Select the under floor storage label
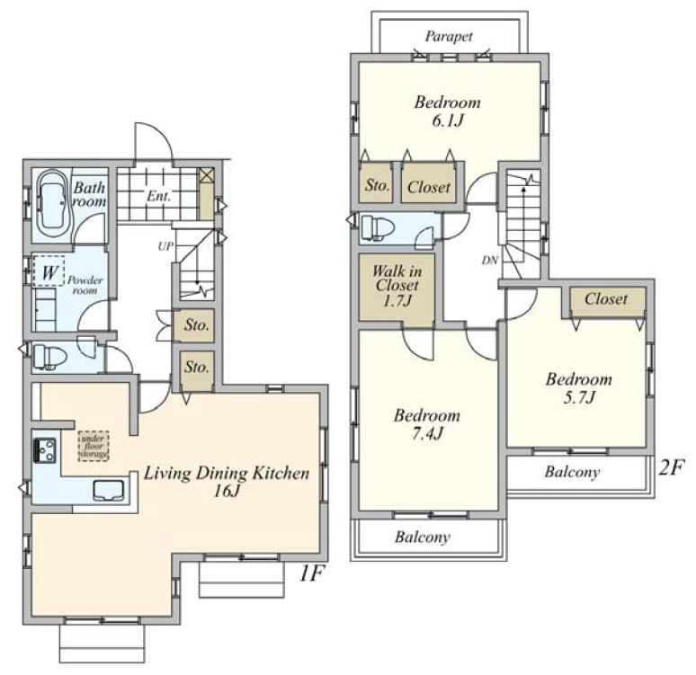coord(93,446)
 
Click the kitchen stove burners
coord(45,447)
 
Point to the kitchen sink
coord(105,490)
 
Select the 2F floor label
coord(673,468)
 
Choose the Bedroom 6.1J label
coord(447,111)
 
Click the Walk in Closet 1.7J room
coord(392,285)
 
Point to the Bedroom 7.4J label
coord(427,424)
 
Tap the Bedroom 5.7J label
coord(579,387)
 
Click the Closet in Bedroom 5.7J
coord(606,299)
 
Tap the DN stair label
coord(489,261)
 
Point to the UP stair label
coord(165,244)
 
